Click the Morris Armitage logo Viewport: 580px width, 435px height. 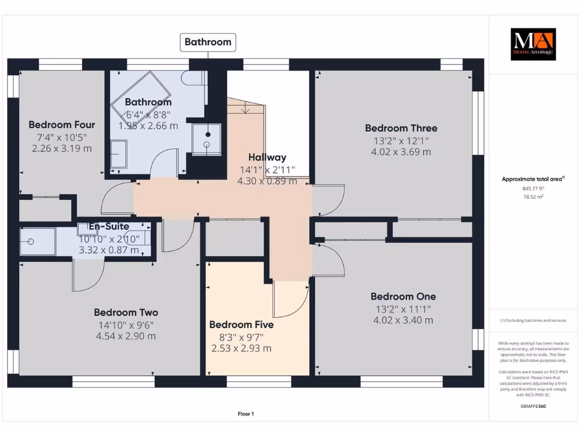tap(534, 44)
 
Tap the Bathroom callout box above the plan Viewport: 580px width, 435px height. tap(208, 42)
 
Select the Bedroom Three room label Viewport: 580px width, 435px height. tap(400, 128)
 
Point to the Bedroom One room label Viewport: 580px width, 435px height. tap(403, 296)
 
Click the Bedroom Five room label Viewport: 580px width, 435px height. tap(241, 325)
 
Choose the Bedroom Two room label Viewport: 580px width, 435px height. tap(126, 312)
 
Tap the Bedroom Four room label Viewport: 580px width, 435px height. tap(62, 125)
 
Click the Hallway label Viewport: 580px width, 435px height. tap(267, 157)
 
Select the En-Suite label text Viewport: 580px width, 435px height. tap(109, 227)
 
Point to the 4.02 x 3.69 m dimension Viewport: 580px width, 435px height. tap(400, 152)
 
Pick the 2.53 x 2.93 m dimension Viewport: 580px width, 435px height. tap(241, 348)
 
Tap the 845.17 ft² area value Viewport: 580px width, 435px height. tap(532, 189)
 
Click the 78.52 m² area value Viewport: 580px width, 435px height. tap(532, 197)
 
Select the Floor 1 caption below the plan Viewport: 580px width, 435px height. tap(246, 414)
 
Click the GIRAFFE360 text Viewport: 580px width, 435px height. tap(532, 406)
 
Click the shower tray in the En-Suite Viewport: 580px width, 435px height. tap(37, 242)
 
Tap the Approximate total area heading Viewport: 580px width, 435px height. tap(532, 179)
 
